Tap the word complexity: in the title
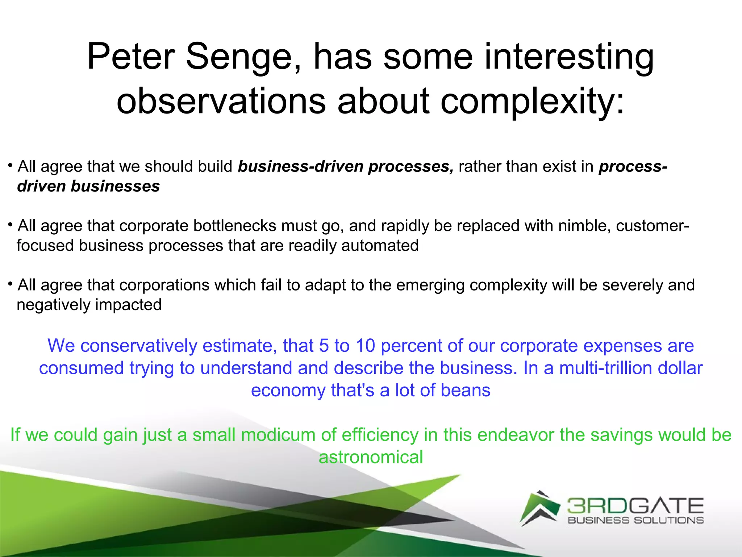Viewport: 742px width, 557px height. tap(533, 101)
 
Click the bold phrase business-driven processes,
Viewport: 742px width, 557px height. tap(346, 166)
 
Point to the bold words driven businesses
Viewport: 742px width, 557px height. tap(88, 186)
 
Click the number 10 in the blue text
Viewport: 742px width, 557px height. tap(365, 346)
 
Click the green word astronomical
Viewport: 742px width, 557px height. tap(371, 457)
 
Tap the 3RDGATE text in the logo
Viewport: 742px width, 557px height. tap(635, 506)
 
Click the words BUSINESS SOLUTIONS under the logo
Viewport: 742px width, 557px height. tap(635, 520)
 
